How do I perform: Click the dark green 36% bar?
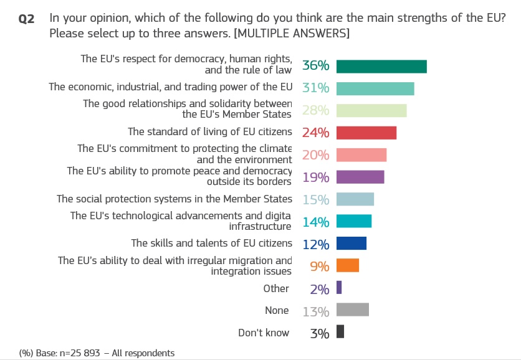click(x=381, y=66)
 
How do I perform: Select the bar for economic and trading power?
click(x=375, y=88)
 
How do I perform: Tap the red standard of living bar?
click(x=366, y=133)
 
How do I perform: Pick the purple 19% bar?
click(x=360, y=177)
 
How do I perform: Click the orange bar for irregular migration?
click(x=348, y=265)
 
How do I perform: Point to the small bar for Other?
click(x=339, y=287)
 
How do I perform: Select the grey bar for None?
click(x=353, y=310)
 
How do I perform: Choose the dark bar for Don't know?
click(x=340, y=332)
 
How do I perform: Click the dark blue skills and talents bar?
click(x=351, y=243)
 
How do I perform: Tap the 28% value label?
click(x=315, y=111)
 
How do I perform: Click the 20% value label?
click(x=315, y=155)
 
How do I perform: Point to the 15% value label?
click(x=315, y=199)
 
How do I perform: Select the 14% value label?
click(x=315, y=222)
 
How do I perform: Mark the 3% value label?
click(x=319, y=333)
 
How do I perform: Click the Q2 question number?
click(x=27, y=19)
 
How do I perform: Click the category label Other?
click(x=276, y=288)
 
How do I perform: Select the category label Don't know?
click(x=264, y=333)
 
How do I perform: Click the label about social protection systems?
click(x=174, y=199)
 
